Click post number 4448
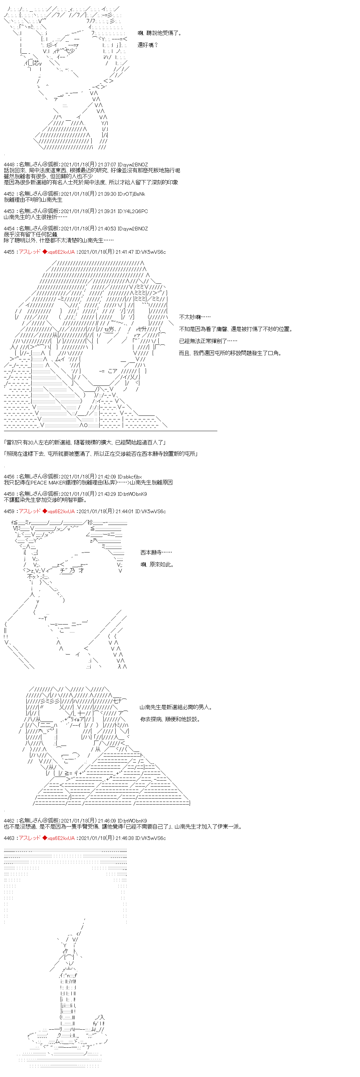(9, 165)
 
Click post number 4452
(9, 194)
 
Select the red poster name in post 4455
(30, 252)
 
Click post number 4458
(9, 494)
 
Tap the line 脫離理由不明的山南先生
(33, 200)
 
